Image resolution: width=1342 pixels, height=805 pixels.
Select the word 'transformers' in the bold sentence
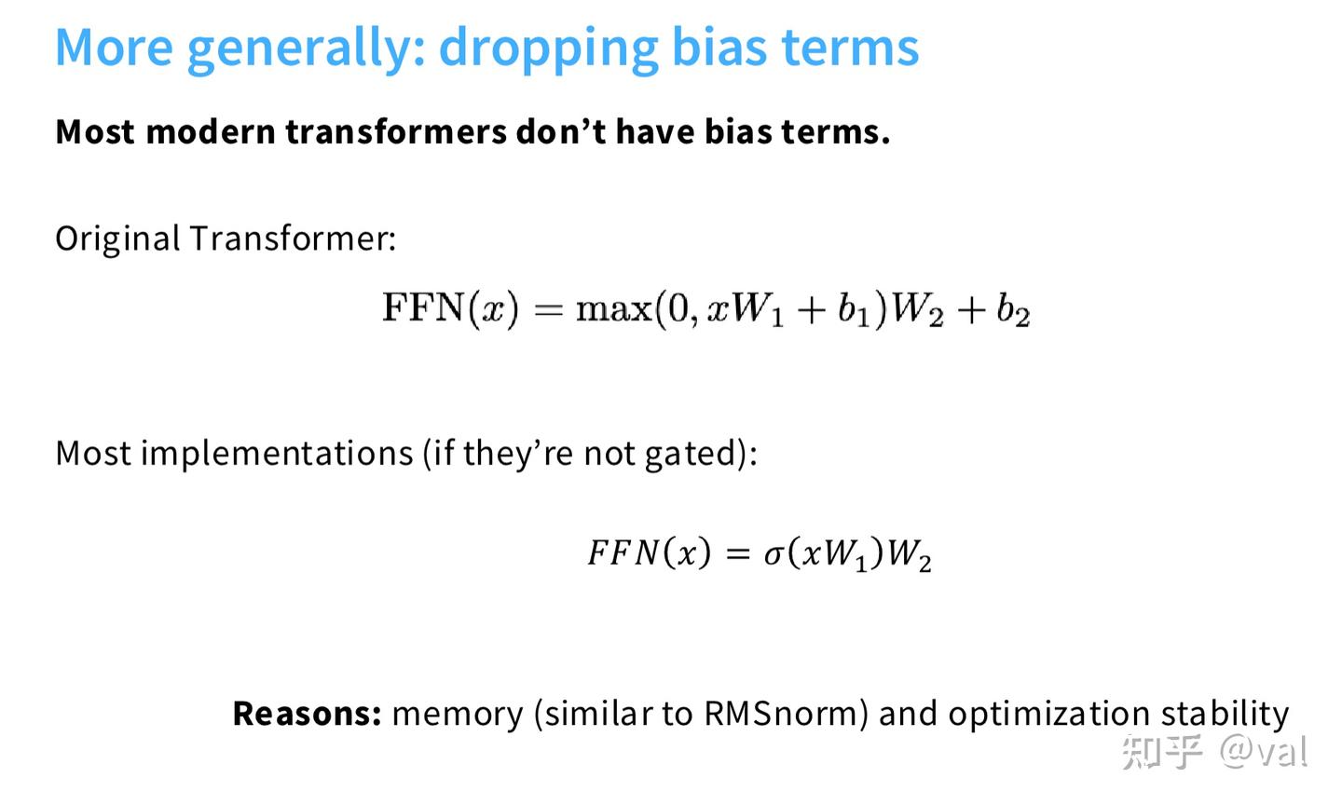click(x=396, y=131)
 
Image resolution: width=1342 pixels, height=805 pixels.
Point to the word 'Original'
click(x=117, y=239)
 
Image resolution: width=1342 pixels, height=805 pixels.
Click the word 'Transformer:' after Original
click(x=293, y=239)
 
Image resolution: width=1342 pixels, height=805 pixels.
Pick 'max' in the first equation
click(x=614, y=310)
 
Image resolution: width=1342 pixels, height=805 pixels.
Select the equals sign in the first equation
click(x=549, y=310)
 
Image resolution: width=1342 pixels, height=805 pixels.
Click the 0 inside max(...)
click(x=678, y=309)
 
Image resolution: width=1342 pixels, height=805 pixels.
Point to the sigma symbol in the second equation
click(x=774, y=554)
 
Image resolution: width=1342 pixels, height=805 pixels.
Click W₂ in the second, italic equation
click(x=910, y=554)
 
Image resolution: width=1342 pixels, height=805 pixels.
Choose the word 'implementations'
click(x=278, y=454)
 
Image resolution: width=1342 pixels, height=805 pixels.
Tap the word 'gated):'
click(x=701, y=454)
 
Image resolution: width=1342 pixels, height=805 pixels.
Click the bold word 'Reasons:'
click(x=308, y=714)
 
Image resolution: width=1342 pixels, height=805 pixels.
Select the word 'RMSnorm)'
click(x=786, y=714)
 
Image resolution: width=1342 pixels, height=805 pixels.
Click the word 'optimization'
click(x=1049, y=715)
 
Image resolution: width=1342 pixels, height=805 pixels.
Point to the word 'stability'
click(x=1225, y=715)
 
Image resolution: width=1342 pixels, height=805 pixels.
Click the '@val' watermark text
click(x=1264, y=751)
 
